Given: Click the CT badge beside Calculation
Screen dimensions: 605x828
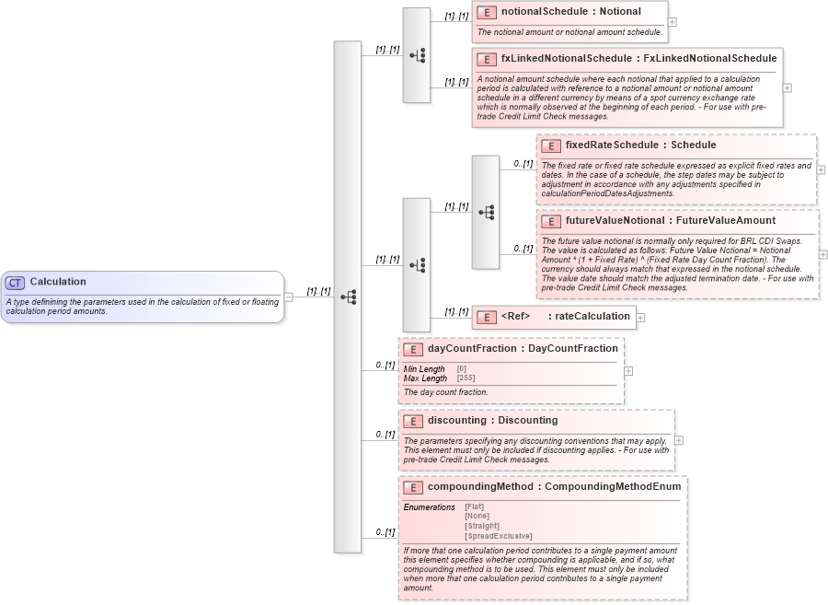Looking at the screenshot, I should point(16,283).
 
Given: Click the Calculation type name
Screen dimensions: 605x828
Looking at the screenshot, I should point(58,282).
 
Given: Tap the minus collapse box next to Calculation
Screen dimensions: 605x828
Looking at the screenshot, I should point(289,297).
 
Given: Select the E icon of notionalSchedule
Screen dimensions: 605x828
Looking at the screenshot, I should point(487,13).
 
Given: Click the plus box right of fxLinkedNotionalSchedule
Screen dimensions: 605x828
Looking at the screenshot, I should point(788,87).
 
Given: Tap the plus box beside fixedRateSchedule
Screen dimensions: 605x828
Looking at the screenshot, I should point(821,169).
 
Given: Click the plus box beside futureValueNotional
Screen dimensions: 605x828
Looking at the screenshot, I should point(823,254).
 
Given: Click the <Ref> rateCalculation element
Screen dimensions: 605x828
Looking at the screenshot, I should point(565,317).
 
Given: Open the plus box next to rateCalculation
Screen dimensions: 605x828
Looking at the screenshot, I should point(640,318).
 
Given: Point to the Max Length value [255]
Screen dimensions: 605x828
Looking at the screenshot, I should point(466,378).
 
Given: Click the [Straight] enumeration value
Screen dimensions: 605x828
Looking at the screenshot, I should point(484,526).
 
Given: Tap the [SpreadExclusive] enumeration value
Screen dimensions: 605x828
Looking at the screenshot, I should point(498,536).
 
